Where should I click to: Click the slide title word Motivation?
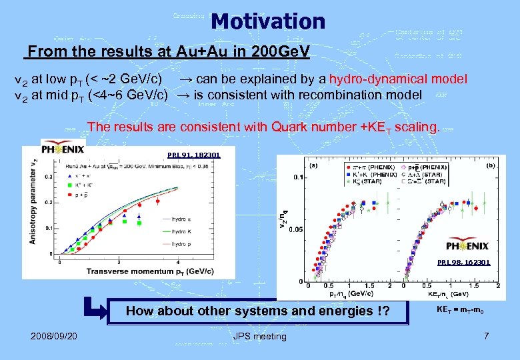(268, 21)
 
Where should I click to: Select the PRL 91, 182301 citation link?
(193, 155)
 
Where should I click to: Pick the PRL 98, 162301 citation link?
(463, 263)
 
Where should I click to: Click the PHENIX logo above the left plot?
(63, 148)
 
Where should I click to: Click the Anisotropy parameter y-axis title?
(33, 200)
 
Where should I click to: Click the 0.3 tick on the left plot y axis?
(48, 177)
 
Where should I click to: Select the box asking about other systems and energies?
(257, 311)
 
